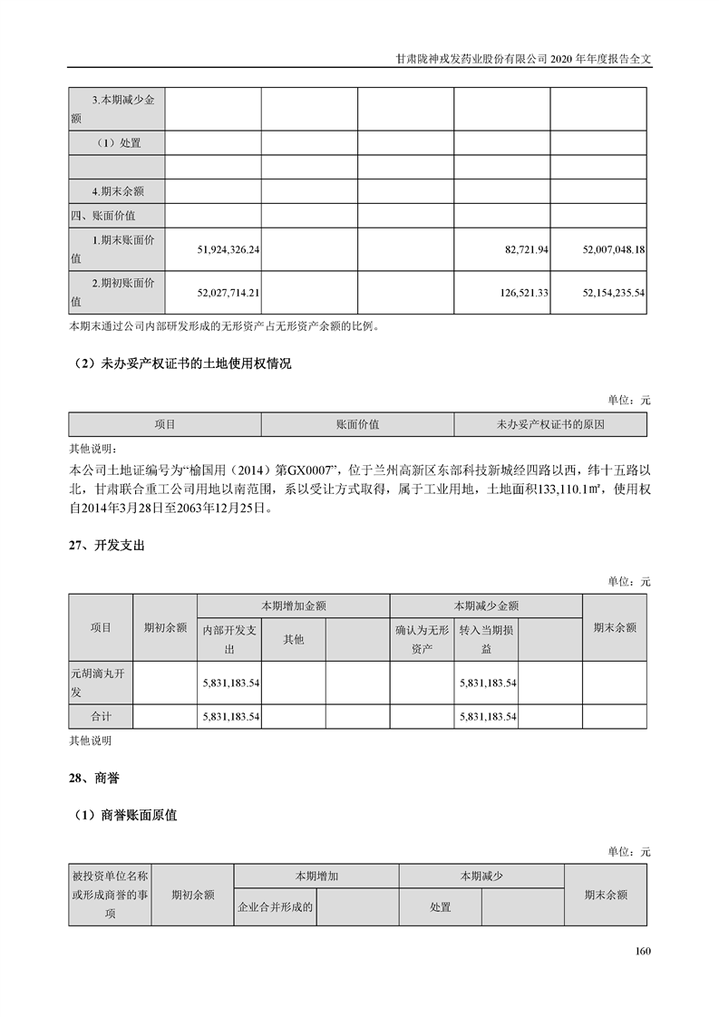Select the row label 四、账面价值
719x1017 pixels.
pos(106,216)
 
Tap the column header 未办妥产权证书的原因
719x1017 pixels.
pos(550,424)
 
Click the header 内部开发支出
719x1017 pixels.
pos(229,639)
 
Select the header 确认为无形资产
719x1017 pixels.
pos(422,639)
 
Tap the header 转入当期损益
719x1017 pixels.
pos(486,639)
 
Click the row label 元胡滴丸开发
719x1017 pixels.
pos(101,683)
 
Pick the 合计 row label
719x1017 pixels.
pos(101,717)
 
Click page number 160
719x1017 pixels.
pos(643,951)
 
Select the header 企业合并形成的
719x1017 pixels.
pos(275,906)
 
